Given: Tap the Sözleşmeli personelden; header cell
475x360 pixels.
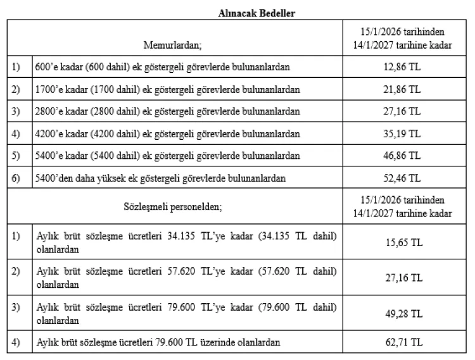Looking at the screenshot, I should click(x=174, y=206).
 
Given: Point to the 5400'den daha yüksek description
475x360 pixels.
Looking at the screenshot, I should click(x=160, y=178).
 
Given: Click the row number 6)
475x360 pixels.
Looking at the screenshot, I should click(x=16, y=178).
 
